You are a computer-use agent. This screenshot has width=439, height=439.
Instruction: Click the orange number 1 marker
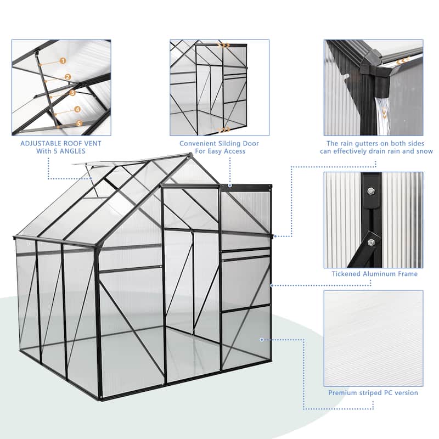tap(63, 61)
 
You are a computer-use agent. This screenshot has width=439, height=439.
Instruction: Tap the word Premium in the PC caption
tap(344, 393)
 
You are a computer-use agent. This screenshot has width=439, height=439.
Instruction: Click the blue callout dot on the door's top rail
tap(230, 186)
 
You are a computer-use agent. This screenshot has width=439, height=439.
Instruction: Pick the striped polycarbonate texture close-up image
tap(373, 337)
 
